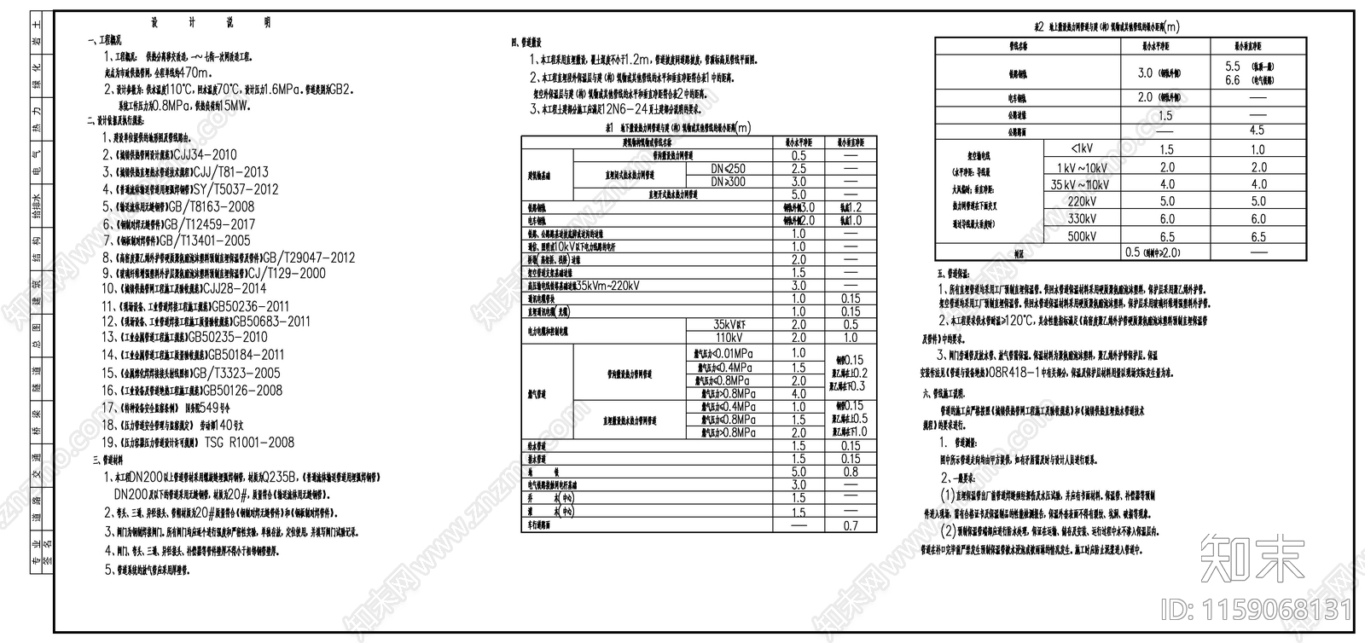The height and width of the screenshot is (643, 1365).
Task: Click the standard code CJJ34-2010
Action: point(205,155)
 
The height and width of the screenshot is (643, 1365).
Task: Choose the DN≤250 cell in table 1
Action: point(728,169)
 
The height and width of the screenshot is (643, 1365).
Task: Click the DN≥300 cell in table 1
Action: point(728,182)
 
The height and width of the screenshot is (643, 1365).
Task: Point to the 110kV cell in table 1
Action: point(730,338)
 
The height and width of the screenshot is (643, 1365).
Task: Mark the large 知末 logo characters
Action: point(1251,559)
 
